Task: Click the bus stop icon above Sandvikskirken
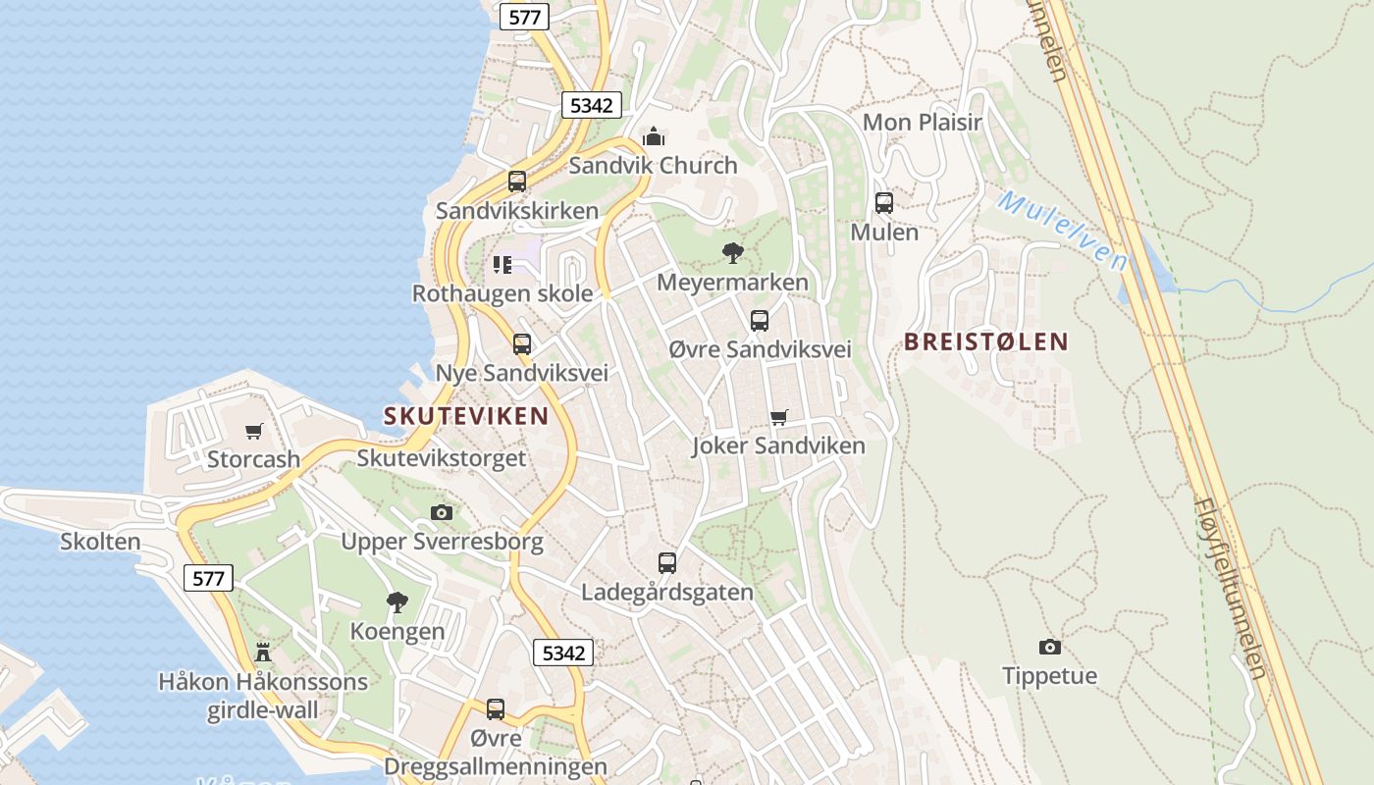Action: coord(517,182)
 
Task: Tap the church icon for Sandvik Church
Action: coord(654,136)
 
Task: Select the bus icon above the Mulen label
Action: coord(884,203)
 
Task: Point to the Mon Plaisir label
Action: coord(922,123)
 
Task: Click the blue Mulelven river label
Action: coord(1063,231)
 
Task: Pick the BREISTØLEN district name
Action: coord(986,341)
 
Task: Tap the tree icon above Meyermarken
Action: coord(732,253)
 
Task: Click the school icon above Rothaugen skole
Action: coord(502,264)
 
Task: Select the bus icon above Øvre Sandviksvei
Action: coord(760,321)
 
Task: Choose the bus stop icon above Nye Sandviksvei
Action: coord(522,344)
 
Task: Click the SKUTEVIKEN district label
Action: coord(466,416)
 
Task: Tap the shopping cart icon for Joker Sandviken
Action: coord(779,417)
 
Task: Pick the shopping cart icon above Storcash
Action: coord(254,431)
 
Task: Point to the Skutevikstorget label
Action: coord(442,458)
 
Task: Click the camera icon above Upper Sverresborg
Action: coord(442,512)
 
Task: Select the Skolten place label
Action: coord(100,542)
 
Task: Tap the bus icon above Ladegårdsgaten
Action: coord(667,563)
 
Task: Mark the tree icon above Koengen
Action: coord(397,602)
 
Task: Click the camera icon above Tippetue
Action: coord(1050,647)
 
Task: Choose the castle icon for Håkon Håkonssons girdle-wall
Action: coord(263,652)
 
